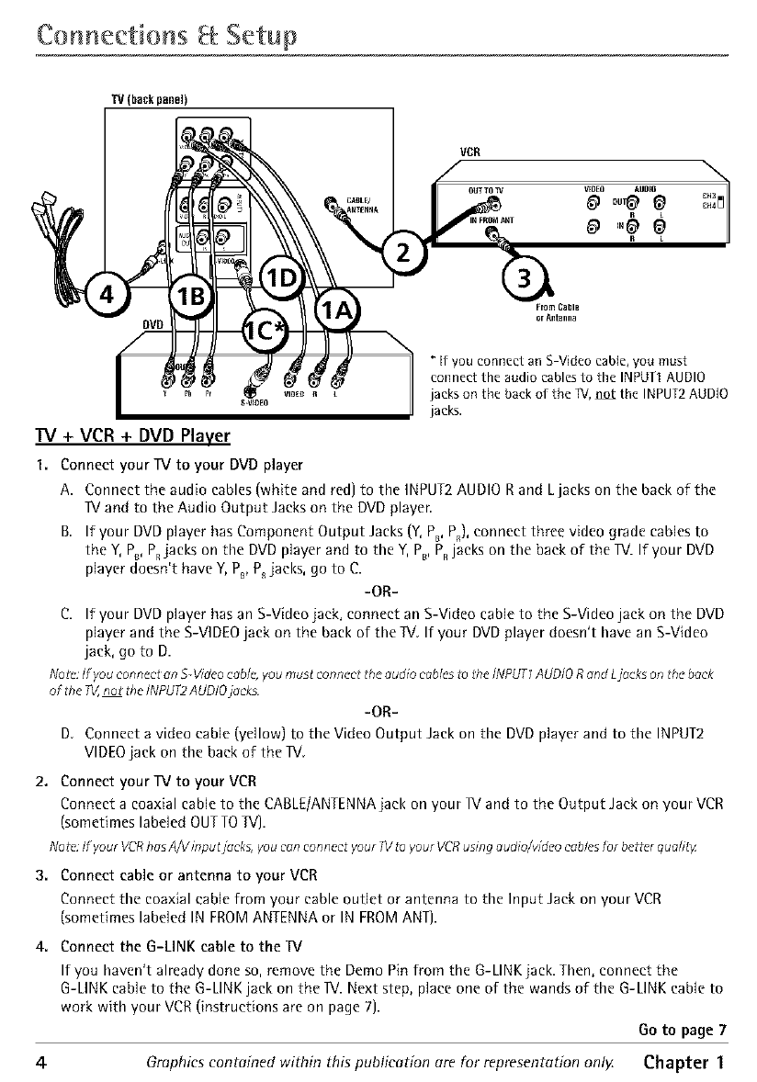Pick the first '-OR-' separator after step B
point(379,589)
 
